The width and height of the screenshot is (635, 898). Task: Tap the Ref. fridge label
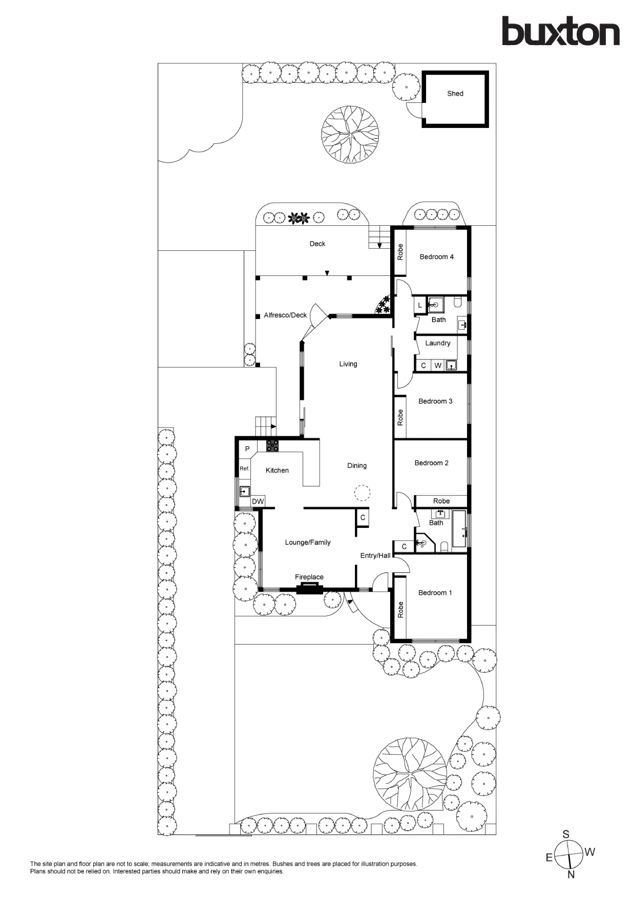244,469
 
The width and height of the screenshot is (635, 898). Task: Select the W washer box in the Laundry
438,366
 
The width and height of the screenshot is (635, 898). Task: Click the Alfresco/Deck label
285,315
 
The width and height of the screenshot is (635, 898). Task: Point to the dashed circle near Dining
362,493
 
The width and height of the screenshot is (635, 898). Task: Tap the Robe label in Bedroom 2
441,501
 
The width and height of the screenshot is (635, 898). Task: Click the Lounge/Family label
308,542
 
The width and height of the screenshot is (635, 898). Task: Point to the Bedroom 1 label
435,593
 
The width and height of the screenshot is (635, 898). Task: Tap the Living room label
348,364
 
